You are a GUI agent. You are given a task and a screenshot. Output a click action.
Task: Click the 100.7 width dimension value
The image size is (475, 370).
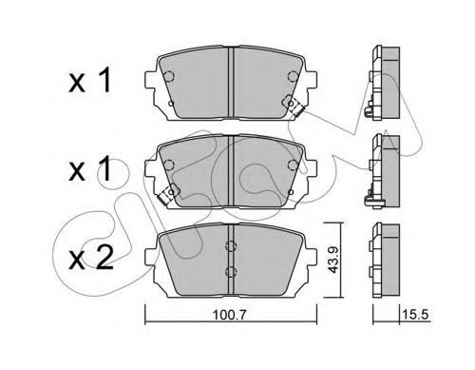tap(229, 316)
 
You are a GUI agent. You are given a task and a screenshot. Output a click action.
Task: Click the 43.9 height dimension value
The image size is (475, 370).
tap(332, 260)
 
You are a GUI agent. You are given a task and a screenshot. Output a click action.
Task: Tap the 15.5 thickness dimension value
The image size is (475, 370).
tap(415, 315)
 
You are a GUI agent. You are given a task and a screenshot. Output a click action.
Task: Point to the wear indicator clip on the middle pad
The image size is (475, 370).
tap(168, 194)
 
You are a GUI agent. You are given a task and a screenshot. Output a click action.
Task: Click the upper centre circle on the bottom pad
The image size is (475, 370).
tap(231, 246)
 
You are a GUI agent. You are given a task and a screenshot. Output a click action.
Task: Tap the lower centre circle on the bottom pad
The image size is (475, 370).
tap(231, 272)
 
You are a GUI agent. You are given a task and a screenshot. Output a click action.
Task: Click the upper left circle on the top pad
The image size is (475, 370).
tap(169, 76)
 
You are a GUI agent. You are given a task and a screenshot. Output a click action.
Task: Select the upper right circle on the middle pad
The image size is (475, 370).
tap(293, 165)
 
